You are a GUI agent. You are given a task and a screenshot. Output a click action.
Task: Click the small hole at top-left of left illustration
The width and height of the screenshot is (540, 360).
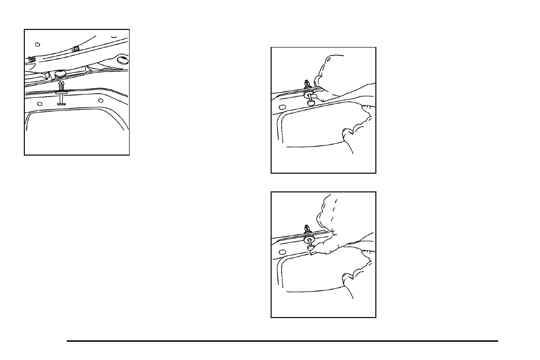pyautogui.click(x=37, y=44)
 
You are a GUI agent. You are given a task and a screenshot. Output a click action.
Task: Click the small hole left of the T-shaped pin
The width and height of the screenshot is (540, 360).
pyautogui.click(x=39, y=104)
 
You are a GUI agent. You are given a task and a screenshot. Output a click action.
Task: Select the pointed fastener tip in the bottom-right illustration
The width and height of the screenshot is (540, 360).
pyautogui.click(x=306, y=227)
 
